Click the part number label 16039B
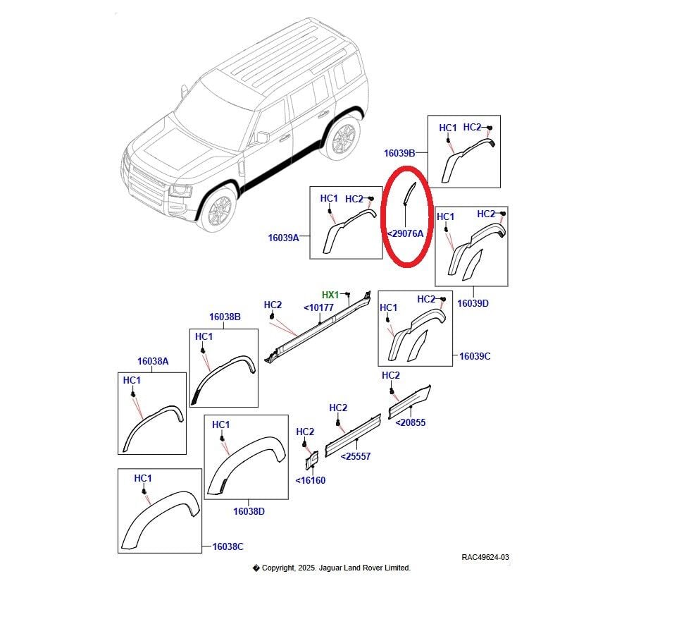399,152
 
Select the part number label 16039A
283,238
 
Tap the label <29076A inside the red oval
406,233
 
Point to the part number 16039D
473,303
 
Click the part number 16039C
475,356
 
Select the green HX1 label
330,295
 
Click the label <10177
318,307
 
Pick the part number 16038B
225,317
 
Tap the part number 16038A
153,361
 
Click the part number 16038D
249,511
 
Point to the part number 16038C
228,546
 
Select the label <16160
310,480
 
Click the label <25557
355,456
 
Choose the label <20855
410,423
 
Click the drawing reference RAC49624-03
485,557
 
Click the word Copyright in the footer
279,568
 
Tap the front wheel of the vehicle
218,209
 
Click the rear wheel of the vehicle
342,138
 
